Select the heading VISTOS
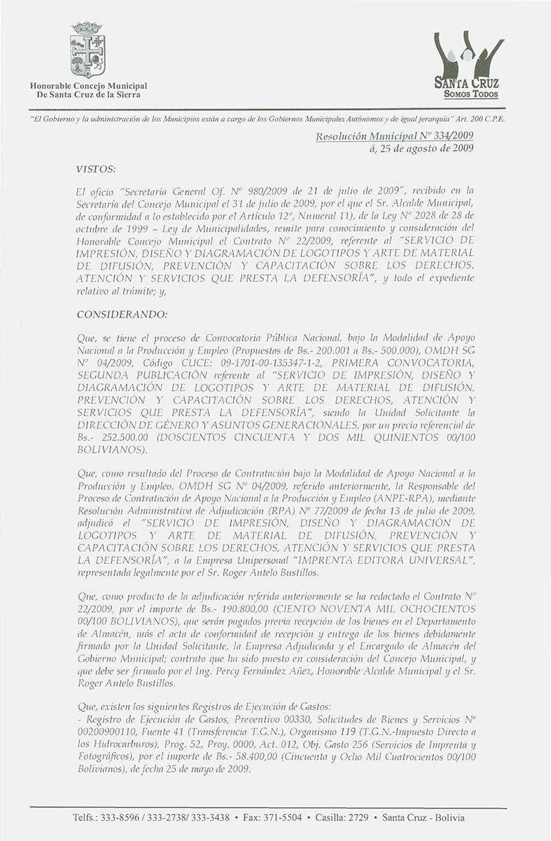[x=95, y=168]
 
